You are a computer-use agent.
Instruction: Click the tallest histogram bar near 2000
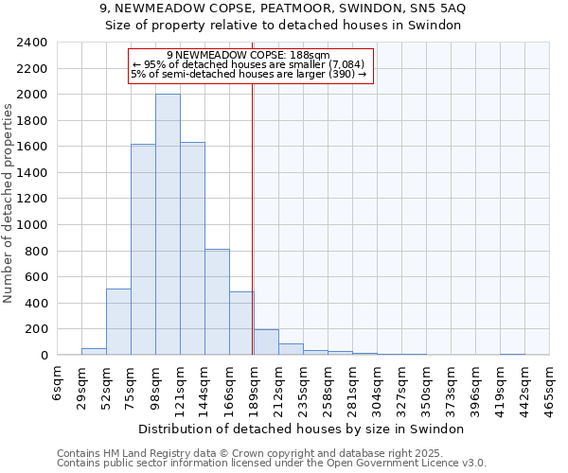pos(168,224)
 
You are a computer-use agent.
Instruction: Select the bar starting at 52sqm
pos(118,322)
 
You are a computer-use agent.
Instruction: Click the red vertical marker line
pos(253,208)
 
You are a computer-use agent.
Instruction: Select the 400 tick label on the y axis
pos(37,304)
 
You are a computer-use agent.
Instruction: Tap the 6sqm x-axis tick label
pos(59,386)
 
